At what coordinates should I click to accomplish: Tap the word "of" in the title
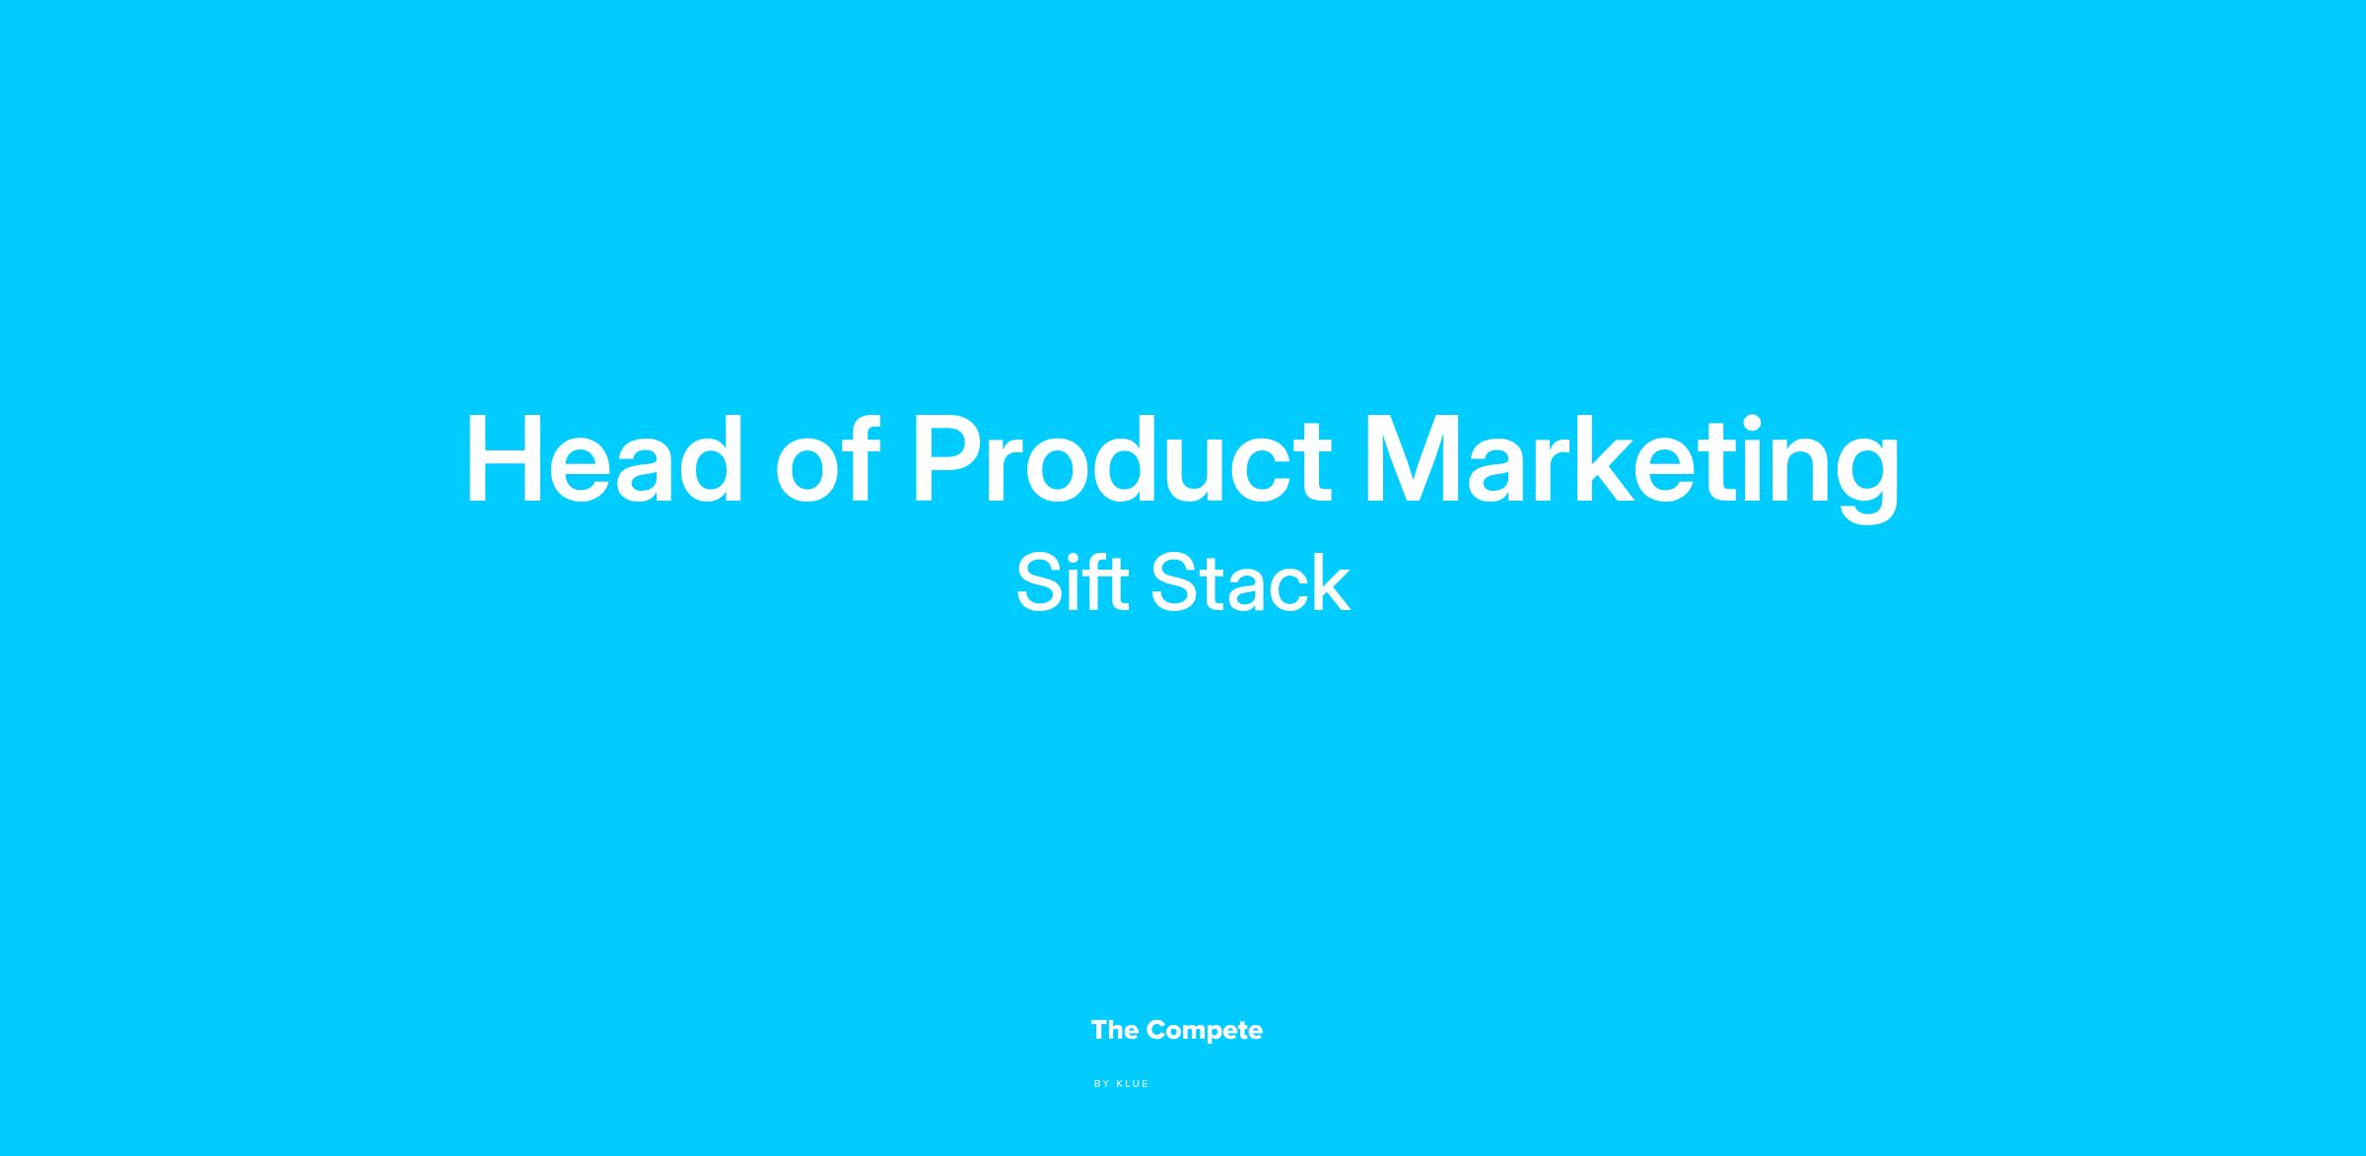pyautogui.click(x=826, y=459)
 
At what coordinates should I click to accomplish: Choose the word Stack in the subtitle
pyautogui.click(x=1250, y=582)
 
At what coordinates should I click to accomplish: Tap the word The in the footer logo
pyautogui.click(x=1115, y=1030)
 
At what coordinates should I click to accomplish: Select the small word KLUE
pyautogui.click(x=1133, y=1084)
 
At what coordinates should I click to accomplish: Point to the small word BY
pyautogui.click(x=1102, y=1084)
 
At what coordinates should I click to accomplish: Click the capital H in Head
pyautogui.click(x=503, y=460)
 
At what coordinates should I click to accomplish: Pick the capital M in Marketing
pyautogui.click(x=1413, y=460)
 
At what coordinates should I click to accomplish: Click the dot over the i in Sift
pyautogui.click(x=1069, y=558)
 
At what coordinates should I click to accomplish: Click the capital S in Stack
pyautogui.click(x=1173, y=582)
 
